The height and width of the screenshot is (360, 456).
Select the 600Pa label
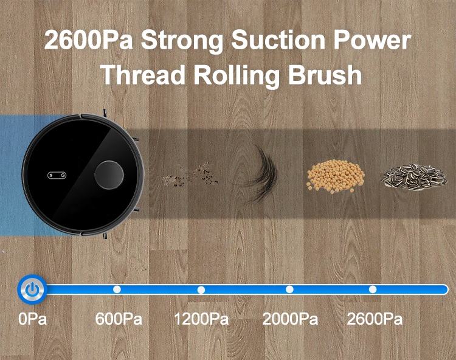point(119,319)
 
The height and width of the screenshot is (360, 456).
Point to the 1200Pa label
point(201,319)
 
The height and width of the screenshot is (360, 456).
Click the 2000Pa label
point(290,319)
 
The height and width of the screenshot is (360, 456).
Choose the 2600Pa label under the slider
point(375,319)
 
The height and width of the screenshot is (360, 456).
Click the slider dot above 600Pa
point(117,289)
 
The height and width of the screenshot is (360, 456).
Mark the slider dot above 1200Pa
point(201,289)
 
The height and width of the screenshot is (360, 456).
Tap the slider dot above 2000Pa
point(289,289)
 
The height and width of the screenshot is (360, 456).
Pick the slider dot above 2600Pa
point(373,289)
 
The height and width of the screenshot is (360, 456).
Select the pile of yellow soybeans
point(335,175)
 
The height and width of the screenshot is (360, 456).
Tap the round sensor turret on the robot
point(109,175)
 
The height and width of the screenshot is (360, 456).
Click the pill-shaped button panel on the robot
point(56,176)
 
